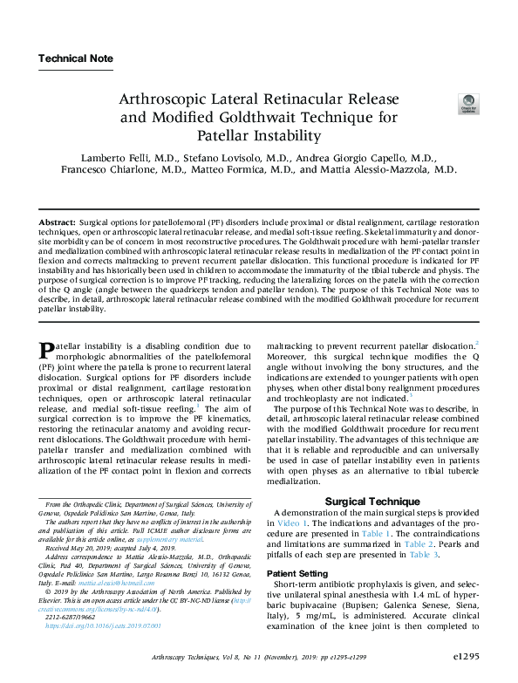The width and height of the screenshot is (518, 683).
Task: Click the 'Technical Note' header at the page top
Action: pos(76,58)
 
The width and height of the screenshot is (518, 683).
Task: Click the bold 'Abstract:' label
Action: pos(58,224)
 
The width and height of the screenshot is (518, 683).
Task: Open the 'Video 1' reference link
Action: pos(293,522)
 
